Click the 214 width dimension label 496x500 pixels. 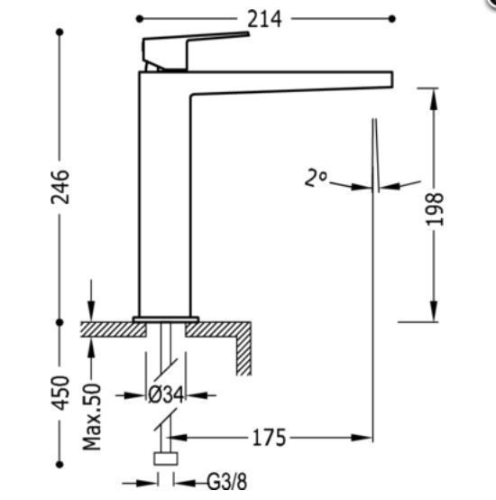pyautogui.click(x=264, y=19)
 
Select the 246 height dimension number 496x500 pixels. pyautogui.click(x=60, y=187)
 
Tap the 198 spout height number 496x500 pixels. pyautogui.click(x=435, y=209)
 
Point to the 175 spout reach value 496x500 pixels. pyautogui.click(x=269, y=438)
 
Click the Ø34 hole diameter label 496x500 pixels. pyautogui.click(x=166, y=395)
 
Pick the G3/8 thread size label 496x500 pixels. pyautogui.click(x=227, y=482)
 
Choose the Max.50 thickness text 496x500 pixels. pyautogui.click(x=91, y=417)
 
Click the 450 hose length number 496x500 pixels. pyautogui.click(x=60, y=394)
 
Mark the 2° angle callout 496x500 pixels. pyautogui.click(x=316, y=178)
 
